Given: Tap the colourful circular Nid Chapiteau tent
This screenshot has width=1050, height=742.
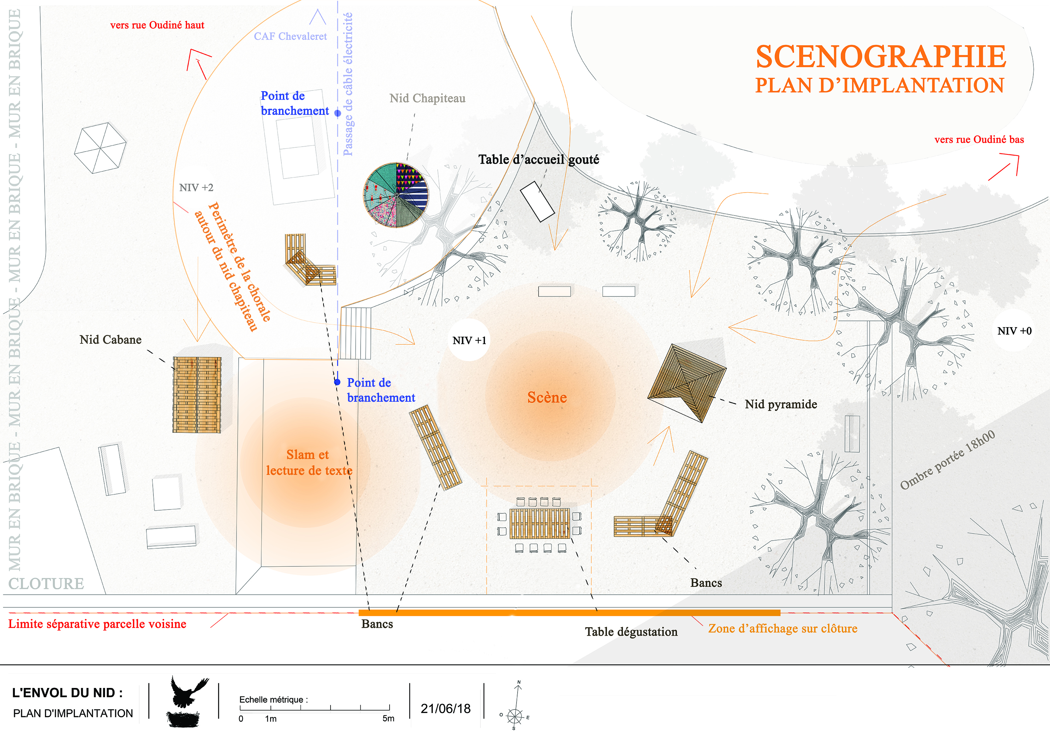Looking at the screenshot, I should pyautogui.click(x=396, y=195).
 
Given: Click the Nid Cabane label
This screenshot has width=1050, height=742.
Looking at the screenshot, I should pyautogui.click(x=110, y=340).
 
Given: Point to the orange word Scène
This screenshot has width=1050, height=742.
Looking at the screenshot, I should pyautogui.click(x=547, y=397).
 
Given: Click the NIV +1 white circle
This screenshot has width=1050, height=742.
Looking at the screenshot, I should pyautogui.click(x=469, y=340).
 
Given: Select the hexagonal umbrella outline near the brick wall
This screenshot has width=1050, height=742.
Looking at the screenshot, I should pyautogui.click(x=100, y=148).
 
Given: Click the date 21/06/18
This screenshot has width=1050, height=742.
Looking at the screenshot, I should pyautogui.click(x=445, y=709).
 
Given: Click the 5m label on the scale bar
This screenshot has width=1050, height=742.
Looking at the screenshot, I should pyautogui.click(x=388, y=718).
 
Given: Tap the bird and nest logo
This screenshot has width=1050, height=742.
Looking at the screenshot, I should pyautogui.click(x=186, y=702).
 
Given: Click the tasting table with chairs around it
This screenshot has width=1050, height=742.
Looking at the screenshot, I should pyautogui.click(x=539, y=524).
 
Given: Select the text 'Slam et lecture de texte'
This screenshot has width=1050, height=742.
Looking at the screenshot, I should pyautogui.click(x=309, y=463).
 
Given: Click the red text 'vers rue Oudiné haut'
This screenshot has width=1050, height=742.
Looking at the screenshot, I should pyautogui.click(x=157, y=25).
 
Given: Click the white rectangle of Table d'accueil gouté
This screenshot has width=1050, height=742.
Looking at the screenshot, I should pyautogui.click(x=537, y=201).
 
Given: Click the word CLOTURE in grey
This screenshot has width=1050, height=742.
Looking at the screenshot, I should pyautogui.click(x=46, y=584).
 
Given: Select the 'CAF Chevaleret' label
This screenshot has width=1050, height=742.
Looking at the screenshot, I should pyautogui.click(x=290, y=36).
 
